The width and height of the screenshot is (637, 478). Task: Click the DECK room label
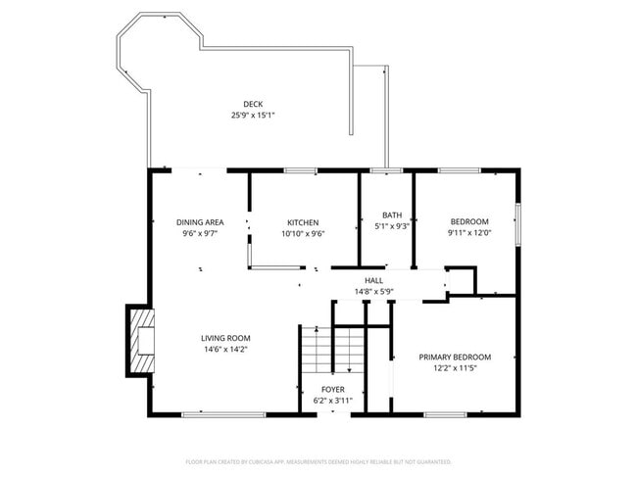pos(253,104)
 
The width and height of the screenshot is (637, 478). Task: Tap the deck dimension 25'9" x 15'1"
pos(253,116)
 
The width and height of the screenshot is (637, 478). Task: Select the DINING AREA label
pos(199,222)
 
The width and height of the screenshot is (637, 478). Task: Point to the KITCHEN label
pos(302,222)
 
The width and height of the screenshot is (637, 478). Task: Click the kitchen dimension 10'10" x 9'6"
pos(302,234)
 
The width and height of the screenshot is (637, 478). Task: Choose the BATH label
pos(392,215)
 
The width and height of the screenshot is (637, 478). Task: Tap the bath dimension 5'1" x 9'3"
pos(392,226)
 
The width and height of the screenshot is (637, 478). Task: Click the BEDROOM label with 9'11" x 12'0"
pos(468,221)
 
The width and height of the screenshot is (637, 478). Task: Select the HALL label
pos(373,280)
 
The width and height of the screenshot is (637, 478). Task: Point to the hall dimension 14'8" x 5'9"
pos(373,291)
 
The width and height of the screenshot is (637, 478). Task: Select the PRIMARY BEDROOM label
pos(455,357)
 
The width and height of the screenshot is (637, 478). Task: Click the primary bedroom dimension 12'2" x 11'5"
pos(455,368)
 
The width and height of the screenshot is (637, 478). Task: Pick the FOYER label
pos(332,390)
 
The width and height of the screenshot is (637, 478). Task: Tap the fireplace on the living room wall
pos(140,341)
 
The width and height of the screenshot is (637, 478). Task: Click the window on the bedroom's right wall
pos(517,220)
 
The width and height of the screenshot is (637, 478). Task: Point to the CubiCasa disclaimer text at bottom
pos(318,460)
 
